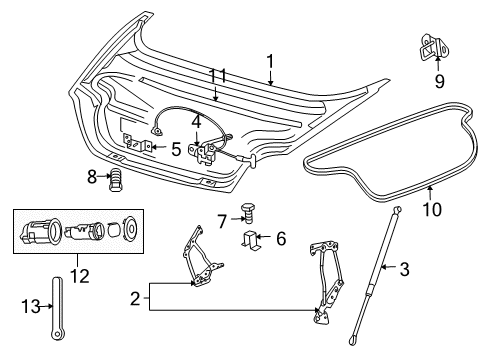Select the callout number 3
404,269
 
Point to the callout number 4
197,124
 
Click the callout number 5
175,150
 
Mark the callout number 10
433,209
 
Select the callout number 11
218,76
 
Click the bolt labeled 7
248,214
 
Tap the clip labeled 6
254,240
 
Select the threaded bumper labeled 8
116,179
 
